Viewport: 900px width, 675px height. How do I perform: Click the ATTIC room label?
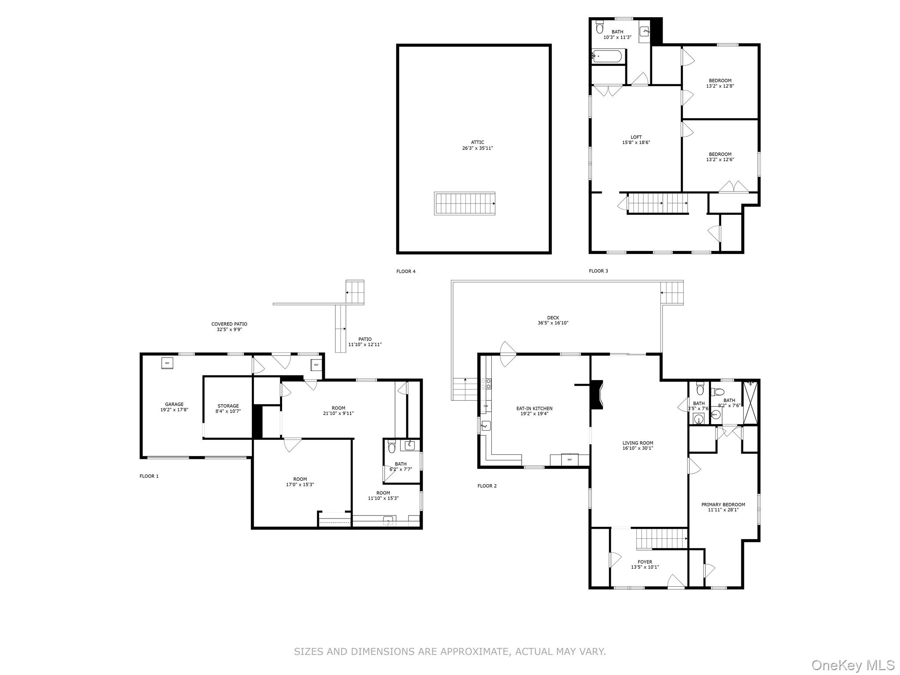tap(478, 142)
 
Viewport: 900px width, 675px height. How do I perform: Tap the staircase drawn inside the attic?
tap(465, 203)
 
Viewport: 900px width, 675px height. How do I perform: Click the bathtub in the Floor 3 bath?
tap(607, 56)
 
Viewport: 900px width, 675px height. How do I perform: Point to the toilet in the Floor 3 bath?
tap(599, 29)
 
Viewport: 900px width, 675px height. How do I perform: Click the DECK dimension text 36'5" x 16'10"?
tap(553, 323)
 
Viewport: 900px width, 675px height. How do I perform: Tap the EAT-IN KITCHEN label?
tap(534, 408)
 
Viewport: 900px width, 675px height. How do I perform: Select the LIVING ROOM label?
tap(638, 443)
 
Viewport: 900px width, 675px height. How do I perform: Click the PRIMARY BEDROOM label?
tap(723, 504)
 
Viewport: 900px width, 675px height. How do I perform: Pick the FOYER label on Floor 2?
tap(645, 562)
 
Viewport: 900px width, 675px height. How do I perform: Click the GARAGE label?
tap(174, 404)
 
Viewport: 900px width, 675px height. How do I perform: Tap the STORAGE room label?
tap(228, 406)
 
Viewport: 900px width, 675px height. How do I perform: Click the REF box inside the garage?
tap(167, 363)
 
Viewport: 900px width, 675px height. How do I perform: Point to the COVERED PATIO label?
tap(229, 324)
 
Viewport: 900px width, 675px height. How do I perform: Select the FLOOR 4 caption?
tap(406, 272)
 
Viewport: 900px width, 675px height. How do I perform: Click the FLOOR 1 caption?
tap(149, 476)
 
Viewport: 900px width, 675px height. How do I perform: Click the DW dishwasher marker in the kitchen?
tap(486, 406)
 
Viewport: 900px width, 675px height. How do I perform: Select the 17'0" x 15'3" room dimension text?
tap(300, 485)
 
